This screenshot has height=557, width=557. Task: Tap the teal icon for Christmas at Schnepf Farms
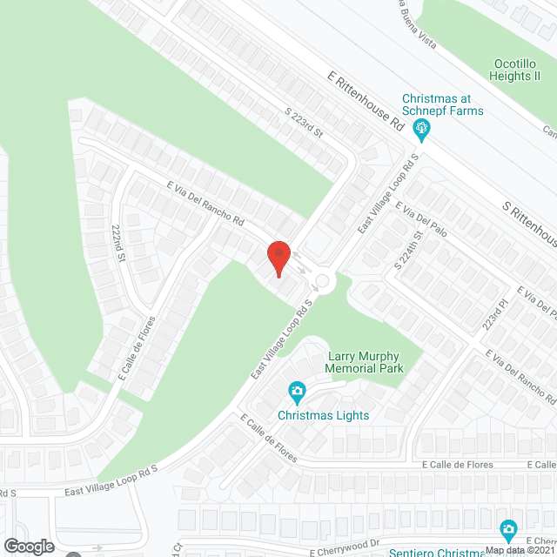(x=423, y=131)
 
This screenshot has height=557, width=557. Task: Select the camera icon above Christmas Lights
(x=297, y=390)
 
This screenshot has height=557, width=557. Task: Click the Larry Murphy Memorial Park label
(x=365, y=362)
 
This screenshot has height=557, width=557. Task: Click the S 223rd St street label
(x=304, y=123)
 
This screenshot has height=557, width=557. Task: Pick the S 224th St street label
(x=407, y=249)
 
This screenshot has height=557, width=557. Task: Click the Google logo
(x=28, y=546)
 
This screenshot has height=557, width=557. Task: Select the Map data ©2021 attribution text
(x=520, y=550)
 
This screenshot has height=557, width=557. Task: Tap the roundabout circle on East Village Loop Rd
(x=322, y=280)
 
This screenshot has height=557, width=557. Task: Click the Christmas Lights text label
(x=324, y=415)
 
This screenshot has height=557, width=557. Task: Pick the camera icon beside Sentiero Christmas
(x=508, y=528)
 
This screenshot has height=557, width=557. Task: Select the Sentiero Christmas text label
(x=435, y=553)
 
